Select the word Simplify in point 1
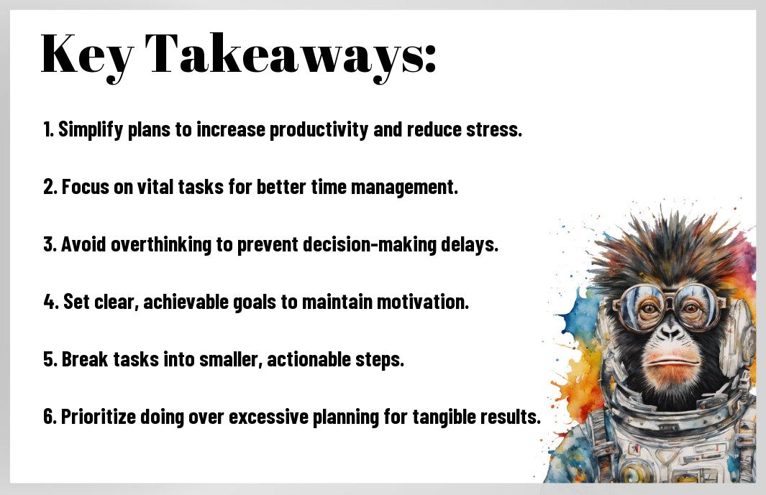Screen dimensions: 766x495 pyautogui.click(x=91, y=130)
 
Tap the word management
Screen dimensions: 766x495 pyautogui.click(x=404, y=188)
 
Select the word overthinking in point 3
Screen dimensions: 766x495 pyautogui.click(x=161, y=244)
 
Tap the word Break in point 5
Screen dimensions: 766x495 pyautogui.click(x=86, y=360)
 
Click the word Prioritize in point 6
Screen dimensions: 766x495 pyautogui.click(x=99, y=417)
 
